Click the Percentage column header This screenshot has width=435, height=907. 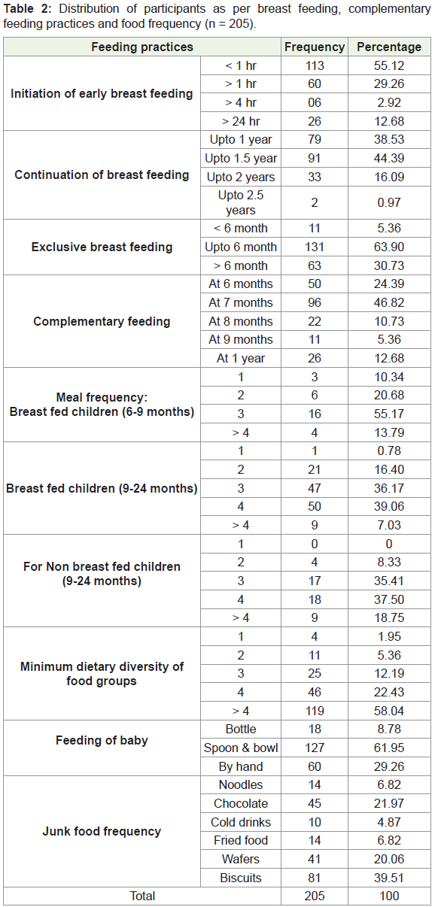(389, 47)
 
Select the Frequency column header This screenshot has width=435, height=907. (315, 47)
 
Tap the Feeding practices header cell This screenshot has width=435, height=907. (142, 47)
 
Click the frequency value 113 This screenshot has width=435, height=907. (315, 65)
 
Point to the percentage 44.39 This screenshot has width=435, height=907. (389, 158)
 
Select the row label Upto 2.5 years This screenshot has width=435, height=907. (241, 202)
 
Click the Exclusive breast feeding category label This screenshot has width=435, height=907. (102, 247)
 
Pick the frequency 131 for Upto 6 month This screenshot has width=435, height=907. (315, 247)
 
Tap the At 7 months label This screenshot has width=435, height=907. (241, 302)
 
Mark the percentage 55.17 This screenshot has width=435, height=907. (389, 414)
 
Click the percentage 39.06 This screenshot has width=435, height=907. (389, 506)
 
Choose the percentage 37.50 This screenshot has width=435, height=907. (389, 599)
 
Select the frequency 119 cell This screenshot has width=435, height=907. (315, 711)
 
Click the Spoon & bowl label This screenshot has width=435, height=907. (241, 748)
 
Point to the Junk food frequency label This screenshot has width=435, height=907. (102, 831)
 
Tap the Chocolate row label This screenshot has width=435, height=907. (241, 803)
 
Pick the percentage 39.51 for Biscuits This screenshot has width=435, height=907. (389, 878)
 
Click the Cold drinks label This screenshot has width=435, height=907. (241, 822)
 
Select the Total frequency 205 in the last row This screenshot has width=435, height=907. (315, 896)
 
